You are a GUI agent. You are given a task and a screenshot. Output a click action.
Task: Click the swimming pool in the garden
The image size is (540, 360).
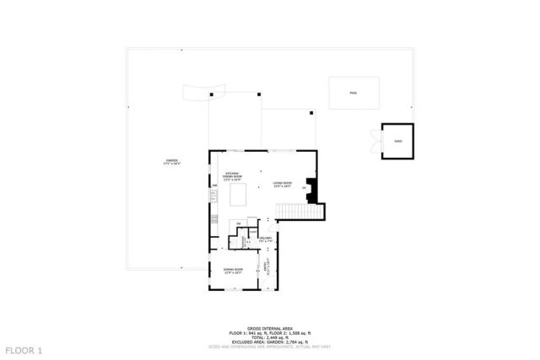point(353,93)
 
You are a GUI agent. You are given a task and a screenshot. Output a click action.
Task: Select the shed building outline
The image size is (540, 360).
point(397,141)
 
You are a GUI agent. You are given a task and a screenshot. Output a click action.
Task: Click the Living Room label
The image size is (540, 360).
point(282,184)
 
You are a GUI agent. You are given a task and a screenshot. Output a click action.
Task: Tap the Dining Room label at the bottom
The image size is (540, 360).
point(233,271)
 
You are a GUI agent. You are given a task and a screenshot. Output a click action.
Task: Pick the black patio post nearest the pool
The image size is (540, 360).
point(311,112)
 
